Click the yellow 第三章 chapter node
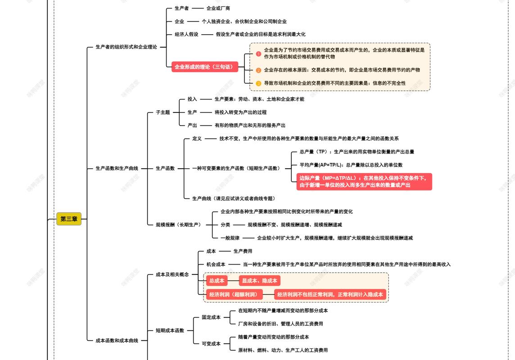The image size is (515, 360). [69, 219]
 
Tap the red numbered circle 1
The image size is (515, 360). [258, 54]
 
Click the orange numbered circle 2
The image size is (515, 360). [258, 70]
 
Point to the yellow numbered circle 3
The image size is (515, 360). [258, 83]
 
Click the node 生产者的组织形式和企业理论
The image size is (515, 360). [126, 47]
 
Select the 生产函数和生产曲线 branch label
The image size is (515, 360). [117, 168]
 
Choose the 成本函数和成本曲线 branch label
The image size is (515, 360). [117, 341]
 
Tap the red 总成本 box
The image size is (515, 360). [217, 281]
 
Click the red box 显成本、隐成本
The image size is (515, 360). [259, 281]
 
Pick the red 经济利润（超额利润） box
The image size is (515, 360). [235, 295]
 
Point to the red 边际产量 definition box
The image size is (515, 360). [364, 181]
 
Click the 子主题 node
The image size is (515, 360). [163, 112]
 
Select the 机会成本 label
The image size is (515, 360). [216, 265]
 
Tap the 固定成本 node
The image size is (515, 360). [211, 317]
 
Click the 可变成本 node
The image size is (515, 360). [211, 344]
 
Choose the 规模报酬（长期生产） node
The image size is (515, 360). [178, 225]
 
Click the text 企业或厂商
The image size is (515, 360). [218, 8]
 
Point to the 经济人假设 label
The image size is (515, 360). [186, 34]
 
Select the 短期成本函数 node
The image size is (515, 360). [170, 330]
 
